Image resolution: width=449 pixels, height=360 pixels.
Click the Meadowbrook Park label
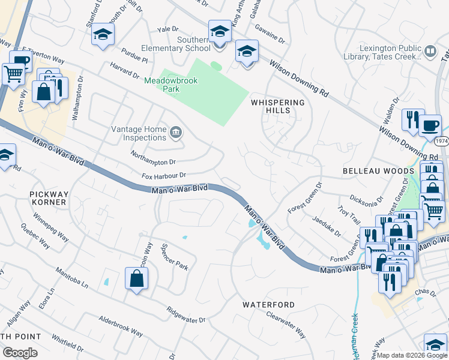click(x=162, y=83)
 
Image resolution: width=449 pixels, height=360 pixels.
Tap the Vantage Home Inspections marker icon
click(x=176, y=133)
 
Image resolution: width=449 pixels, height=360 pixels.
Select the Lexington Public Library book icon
click(x=430, y=52)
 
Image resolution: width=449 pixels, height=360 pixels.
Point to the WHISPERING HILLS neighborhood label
click(x=278, y=106)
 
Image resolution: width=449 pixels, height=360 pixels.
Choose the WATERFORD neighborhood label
click(x=268, y=305)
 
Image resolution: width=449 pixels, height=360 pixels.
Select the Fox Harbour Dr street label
click(x=164, y=176)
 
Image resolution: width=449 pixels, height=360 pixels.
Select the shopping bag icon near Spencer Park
click(x=137, y=278)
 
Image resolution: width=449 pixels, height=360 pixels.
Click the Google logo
click(x=20, y=353)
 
